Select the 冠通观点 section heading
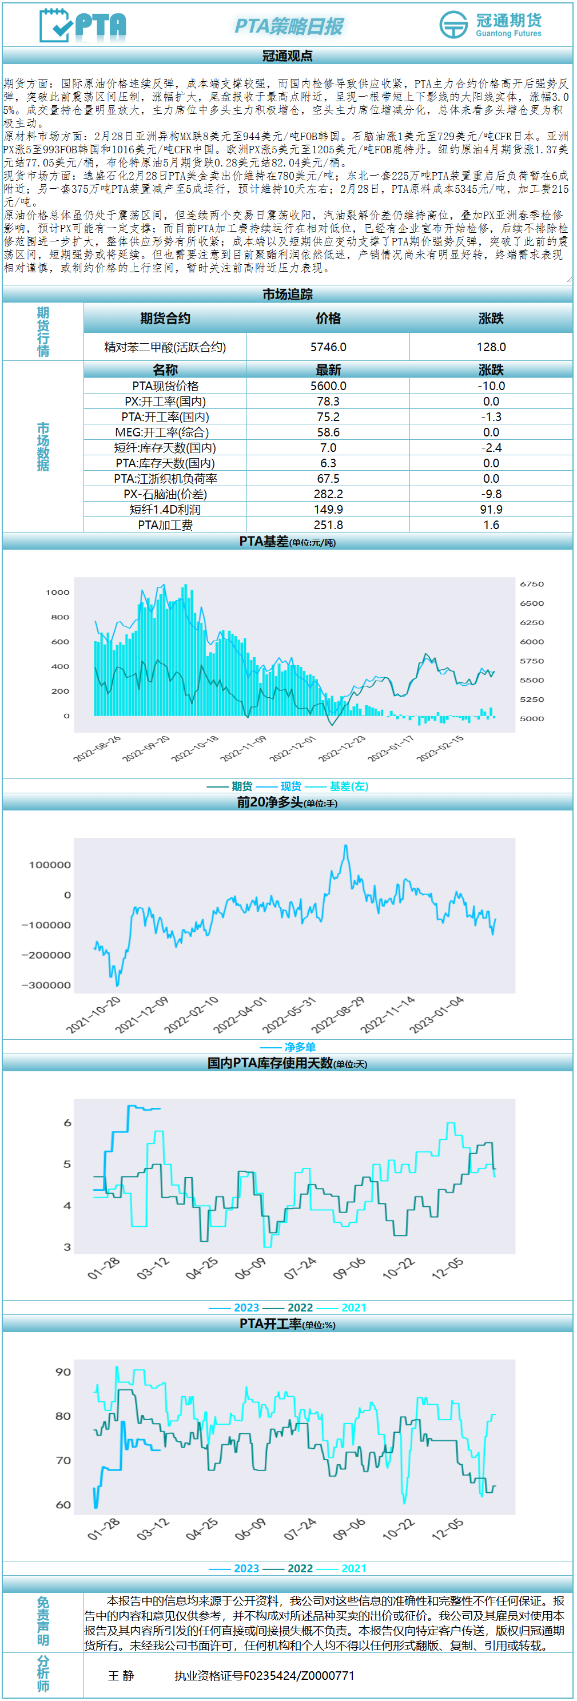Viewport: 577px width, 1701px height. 287,56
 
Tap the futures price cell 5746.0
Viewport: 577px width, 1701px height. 328,347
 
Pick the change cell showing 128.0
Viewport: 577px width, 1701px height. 491,347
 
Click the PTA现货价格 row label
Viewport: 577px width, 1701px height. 165,385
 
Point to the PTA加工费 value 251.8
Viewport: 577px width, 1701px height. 328,525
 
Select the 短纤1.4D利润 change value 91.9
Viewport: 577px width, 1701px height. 491,509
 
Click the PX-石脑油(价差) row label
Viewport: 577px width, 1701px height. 165,494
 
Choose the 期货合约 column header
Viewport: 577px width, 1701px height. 165,318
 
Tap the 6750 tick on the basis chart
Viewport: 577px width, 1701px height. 531,585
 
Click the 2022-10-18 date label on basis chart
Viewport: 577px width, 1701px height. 195,749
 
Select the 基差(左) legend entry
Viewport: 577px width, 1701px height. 349,786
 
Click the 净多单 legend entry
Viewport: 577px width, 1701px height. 299,1047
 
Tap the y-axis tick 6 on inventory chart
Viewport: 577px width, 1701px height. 67,1123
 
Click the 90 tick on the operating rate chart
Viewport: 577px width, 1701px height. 63,1372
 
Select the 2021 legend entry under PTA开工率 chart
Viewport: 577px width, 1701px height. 353,1568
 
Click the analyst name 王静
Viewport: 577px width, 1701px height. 121,1675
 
